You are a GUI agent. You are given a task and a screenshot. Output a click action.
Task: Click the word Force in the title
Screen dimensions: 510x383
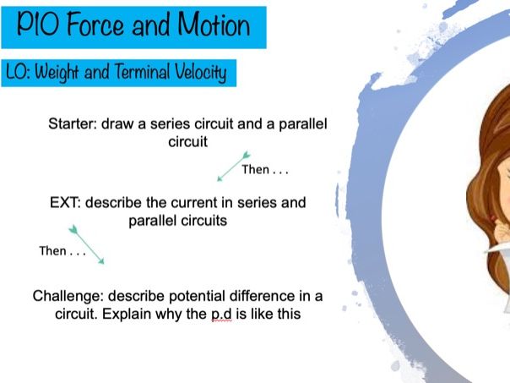(96, 25)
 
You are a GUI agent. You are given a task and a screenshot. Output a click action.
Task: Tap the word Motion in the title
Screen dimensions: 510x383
(214, 25)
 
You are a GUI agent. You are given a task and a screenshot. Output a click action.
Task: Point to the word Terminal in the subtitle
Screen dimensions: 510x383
(143, 72)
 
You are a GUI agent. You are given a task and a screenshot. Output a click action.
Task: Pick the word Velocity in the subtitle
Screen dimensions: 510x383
(201, 73)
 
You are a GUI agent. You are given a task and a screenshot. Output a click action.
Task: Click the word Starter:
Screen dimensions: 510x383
(73, 123)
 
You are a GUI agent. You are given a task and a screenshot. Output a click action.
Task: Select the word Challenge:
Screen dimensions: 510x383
(68, 297)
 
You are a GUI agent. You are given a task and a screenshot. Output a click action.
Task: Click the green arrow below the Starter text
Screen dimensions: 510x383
(234, 166)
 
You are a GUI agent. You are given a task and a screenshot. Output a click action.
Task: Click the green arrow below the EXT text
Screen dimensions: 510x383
(86, 244)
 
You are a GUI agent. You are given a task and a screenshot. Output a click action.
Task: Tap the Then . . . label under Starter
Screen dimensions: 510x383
(265, 170)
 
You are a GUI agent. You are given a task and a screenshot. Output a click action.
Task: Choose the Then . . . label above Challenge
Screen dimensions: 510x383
(62, 251)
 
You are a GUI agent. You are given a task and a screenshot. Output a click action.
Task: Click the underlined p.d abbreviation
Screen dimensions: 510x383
(221, 315)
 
